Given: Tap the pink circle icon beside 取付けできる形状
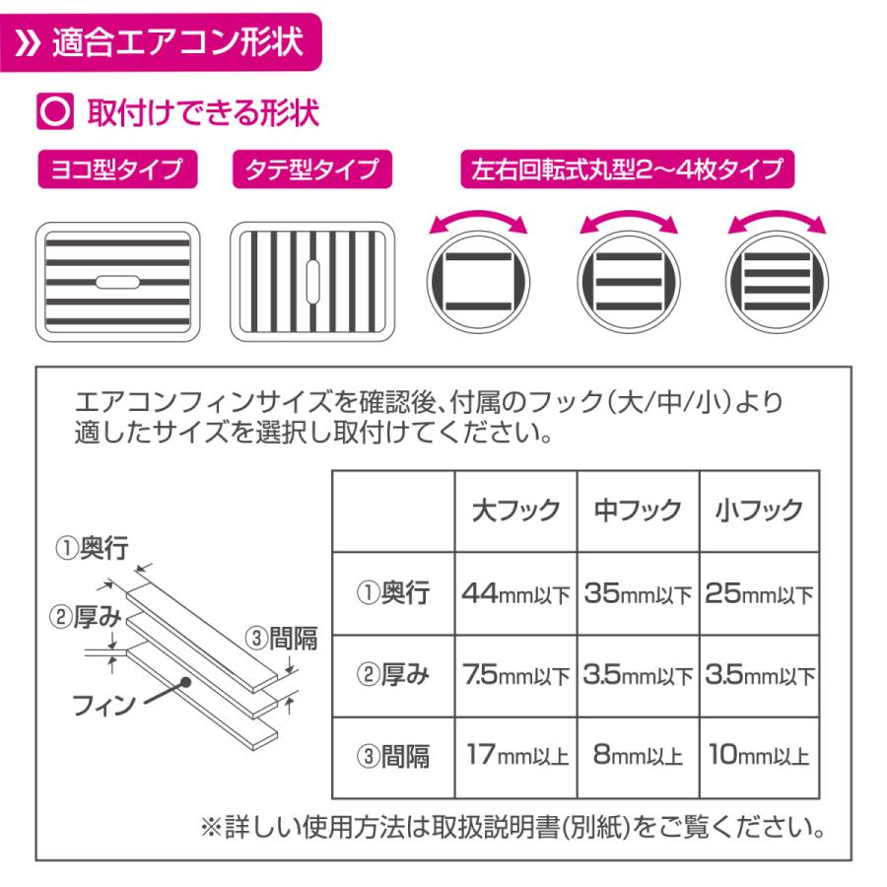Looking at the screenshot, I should (x=52, y=112).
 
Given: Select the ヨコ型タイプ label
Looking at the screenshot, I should (x=115, y=170).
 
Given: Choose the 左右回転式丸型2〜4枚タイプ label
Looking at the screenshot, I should (x=626, y=170).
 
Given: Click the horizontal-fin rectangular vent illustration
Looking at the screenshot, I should (x=116, y=282).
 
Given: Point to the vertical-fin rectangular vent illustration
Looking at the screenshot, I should (x=312, y=282).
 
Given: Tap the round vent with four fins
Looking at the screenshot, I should (x=775, y=282).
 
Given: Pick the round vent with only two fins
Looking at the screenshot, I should (x=477, y=282).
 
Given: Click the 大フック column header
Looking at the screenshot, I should (x=515, y=511).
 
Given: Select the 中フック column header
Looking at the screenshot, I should (x=638, y=511).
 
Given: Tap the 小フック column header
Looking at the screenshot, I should (x=759, y=511).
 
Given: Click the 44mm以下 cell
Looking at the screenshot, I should (x=515, y=595).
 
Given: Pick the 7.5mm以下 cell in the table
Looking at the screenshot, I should (x=515, y=677).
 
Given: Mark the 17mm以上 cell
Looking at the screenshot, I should (x=515, y=757).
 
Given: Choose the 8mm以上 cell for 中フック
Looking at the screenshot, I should (x=638, y=757).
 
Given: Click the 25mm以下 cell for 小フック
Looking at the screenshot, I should (x=759, y=595).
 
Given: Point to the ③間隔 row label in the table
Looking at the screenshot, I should (x=392, y=757).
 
